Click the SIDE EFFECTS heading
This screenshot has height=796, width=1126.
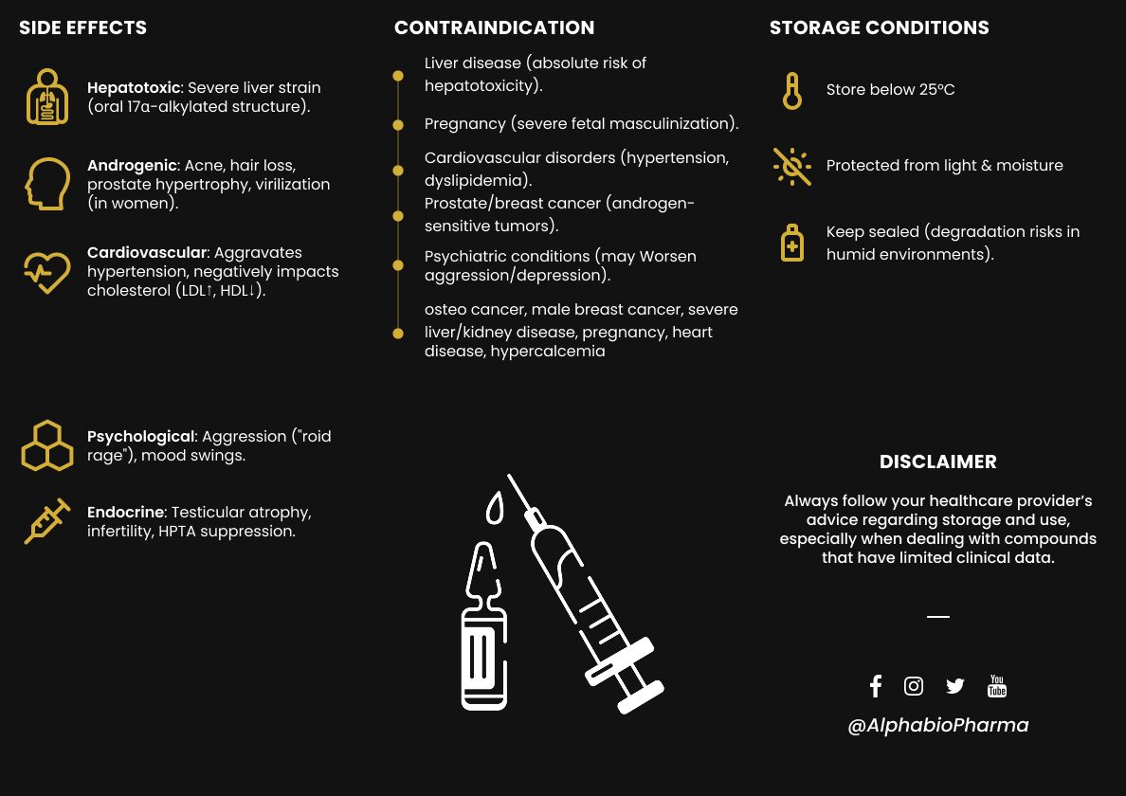tap(83, 27)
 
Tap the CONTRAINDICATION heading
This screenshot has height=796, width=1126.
tap(494, 27)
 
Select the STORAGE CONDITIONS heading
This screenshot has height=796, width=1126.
tap(879, 27)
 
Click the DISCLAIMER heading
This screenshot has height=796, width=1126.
tap(937, 462)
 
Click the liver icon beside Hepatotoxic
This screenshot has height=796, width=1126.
tap(47, 97)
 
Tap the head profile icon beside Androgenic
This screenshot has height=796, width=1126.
tap(47, 183)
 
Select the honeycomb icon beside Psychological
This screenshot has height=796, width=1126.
tap(47, 445)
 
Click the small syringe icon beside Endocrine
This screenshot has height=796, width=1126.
tap(47, 521)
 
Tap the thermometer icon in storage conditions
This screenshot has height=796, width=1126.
tap(792, 91)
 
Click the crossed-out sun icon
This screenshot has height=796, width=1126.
tap(792, 166)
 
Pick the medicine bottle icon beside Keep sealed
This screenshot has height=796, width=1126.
tap(792, 244)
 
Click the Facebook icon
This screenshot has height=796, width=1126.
tap(876, 686)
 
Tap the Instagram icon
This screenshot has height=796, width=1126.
tap(914, 686)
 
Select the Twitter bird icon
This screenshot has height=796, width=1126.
tap(954, 686)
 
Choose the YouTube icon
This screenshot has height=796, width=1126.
tap(997, 686)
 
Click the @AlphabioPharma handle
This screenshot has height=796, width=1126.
tap(937, 726)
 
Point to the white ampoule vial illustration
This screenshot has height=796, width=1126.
tap(483, 630)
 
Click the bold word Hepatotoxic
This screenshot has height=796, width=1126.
tap(134, 87)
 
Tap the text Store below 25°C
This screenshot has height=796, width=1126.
tap(890, 90)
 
